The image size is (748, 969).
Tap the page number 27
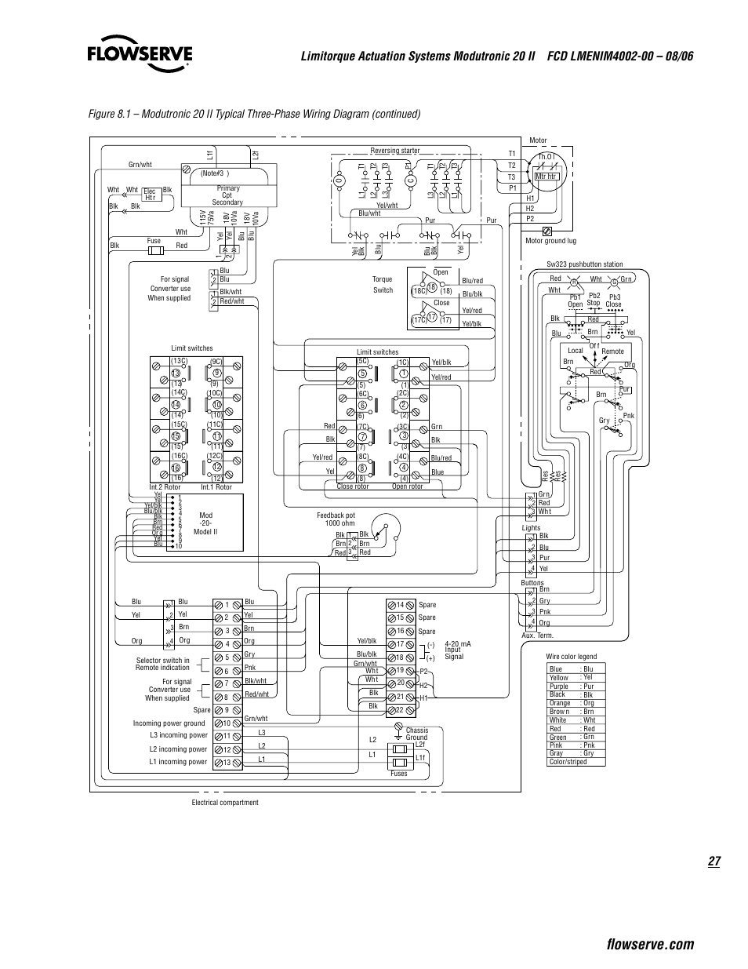click(x=713, y=862)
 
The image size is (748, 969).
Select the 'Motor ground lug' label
click(x=550, y=241)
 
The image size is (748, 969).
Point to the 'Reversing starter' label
click(x=394, y=151)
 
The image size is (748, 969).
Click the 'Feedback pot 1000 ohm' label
click(x=336, y=519)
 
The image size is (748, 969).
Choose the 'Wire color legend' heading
click(x=571, y=657)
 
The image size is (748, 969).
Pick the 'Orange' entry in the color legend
click(x=560, y=703)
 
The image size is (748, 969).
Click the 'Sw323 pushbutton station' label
click(x=584, y=264)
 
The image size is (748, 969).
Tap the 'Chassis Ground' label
click(x=416, y=734)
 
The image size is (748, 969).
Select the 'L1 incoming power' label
click(x=178, y=761)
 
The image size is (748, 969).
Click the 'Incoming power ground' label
click(x=169, y=723)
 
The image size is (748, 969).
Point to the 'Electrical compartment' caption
click(x=224, y=802)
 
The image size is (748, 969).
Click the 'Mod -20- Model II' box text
click(x=205, y=523)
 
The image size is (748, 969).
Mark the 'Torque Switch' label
click(x=382, y=285)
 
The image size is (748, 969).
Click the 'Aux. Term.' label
click(x=537, y=636)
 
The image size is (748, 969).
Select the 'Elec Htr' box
click(x=151, y=194)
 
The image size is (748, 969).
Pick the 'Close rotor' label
click(x=352, y=486)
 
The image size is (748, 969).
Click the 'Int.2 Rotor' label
click(x=165, y=487)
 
